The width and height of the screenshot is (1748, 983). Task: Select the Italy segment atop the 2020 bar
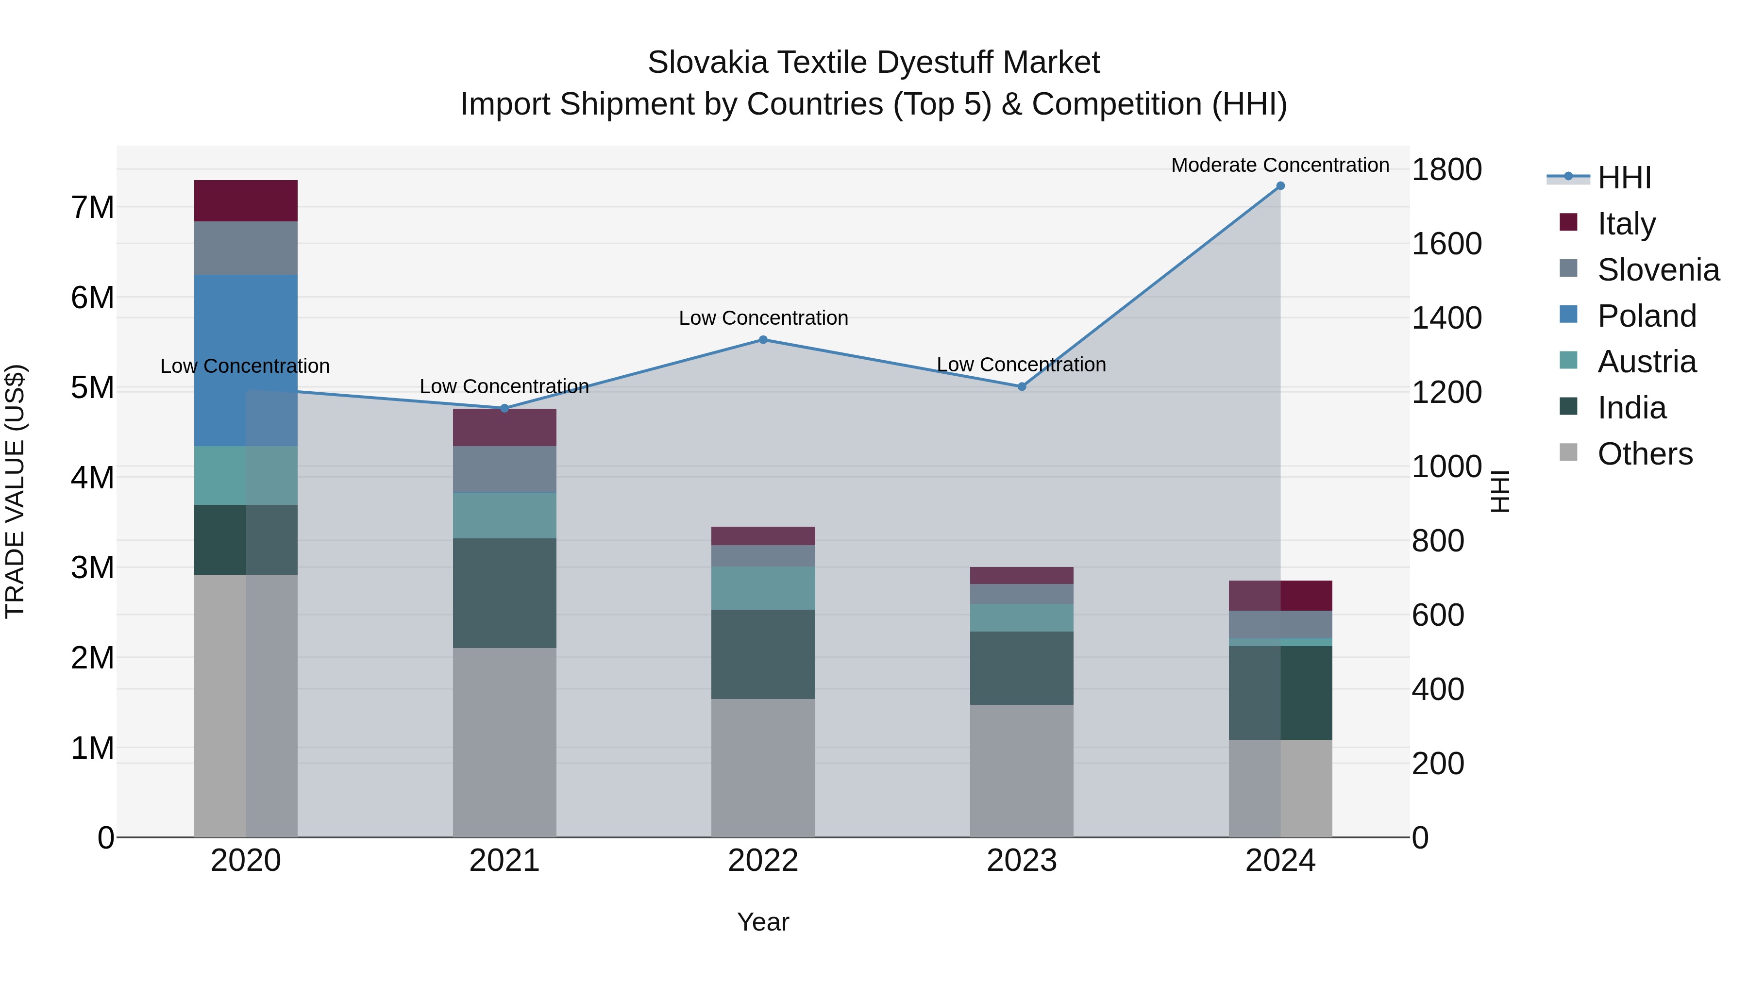246,201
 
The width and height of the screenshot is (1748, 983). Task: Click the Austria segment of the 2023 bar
1021,617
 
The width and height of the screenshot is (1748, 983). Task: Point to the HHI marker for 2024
1280,186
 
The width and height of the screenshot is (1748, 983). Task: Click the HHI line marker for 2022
763,340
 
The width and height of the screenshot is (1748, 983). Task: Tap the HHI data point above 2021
504,408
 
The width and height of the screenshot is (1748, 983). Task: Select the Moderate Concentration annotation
1280,165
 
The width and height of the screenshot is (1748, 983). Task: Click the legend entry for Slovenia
1658,270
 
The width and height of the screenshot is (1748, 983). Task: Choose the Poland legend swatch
1568,314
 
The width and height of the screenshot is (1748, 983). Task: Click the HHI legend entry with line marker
1623,178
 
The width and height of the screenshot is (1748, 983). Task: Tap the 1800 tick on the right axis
1446,169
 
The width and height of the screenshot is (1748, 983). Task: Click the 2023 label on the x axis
1021,861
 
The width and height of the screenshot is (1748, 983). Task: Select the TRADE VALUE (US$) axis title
15,491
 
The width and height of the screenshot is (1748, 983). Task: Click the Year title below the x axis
763,922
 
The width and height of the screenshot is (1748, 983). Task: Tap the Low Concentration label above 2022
763,318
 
